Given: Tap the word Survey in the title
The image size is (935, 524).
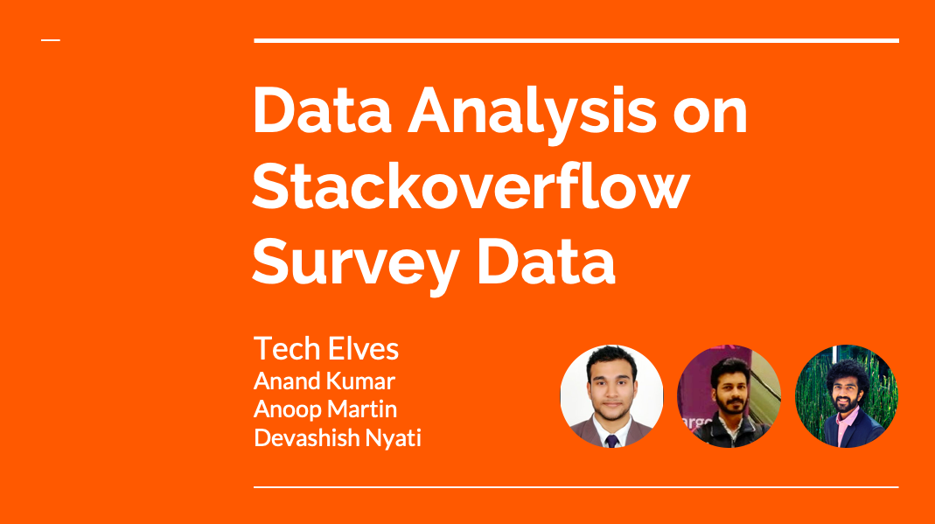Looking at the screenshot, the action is point(356,262).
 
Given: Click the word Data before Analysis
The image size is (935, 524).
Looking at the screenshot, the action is point(322,110).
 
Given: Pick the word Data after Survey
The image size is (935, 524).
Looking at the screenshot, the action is point(546,262).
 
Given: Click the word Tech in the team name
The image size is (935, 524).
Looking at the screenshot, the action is point(287,348).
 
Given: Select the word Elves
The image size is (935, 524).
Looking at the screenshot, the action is point(363,348).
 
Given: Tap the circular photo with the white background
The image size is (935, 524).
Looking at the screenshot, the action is point(611,396).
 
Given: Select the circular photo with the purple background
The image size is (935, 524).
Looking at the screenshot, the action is point(729,396).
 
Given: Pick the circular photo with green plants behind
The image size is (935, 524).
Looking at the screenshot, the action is point(846,396).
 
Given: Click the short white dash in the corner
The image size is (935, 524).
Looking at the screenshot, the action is point(51,40).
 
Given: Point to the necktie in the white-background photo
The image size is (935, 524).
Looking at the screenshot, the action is point(611,441).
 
